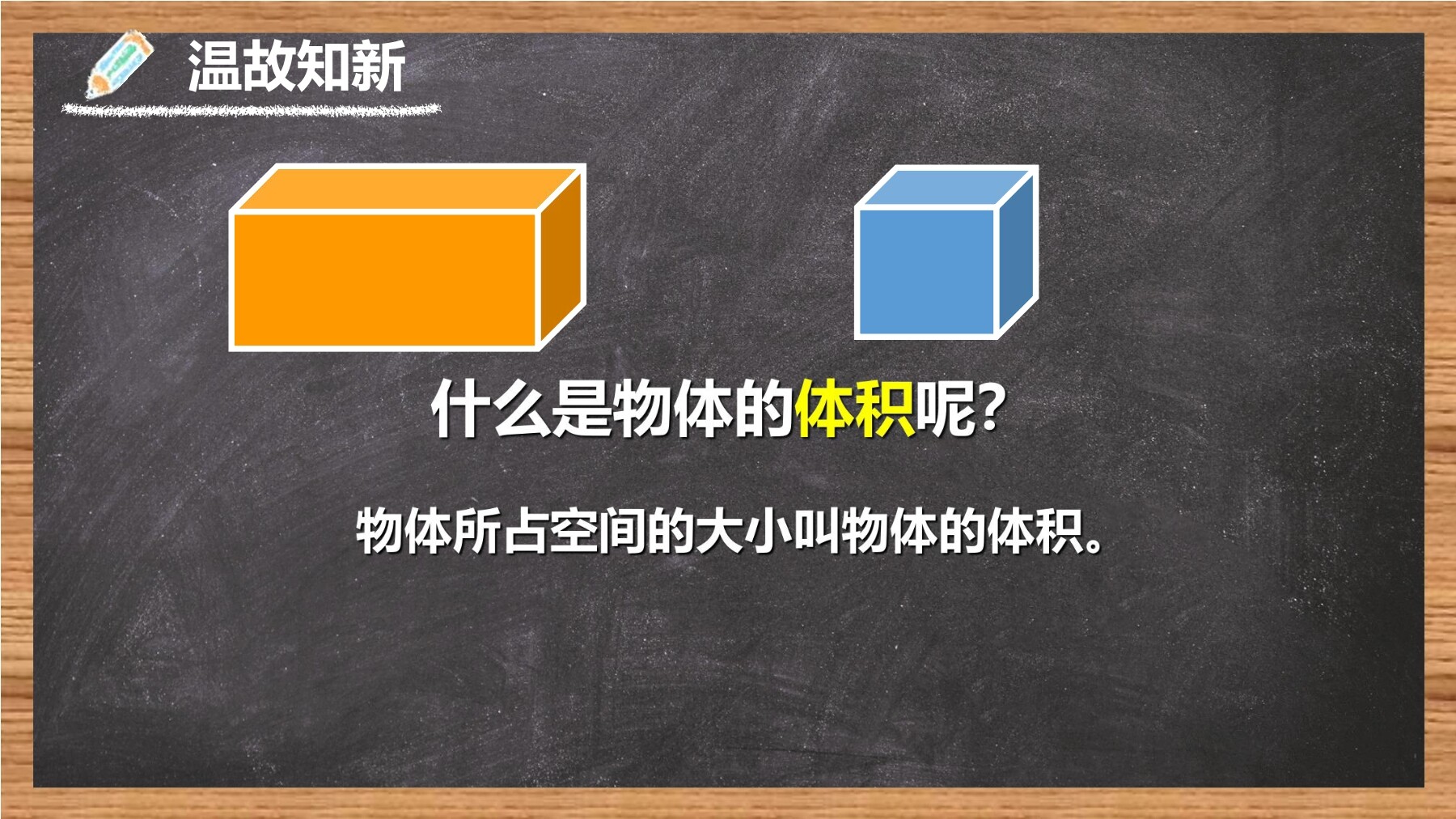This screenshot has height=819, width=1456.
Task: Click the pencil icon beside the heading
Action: pyautogui.click(x=119, y=64)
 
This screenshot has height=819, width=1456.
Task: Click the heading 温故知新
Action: pyautogui.click(x=297, y=66)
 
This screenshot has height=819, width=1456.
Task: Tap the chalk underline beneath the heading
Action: pyautogui.click(x=252, y=109)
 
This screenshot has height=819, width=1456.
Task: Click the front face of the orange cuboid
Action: pyautogui.click(x=385, y=280)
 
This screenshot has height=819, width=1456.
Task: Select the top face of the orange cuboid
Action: pyautogui.click(x=408, y=188)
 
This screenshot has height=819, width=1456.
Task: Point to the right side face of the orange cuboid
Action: pyautogui.click(x=561, y=257)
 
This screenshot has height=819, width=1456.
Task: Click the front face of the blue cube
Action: pyautogui.click(x=926, y=272)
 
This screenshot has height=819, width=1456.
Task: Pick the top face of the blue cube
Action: pyautogui.click(x=946, y=187)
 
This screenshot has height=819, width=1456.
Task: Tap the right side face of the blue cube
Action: pyautogui.click(x=1017, y=252)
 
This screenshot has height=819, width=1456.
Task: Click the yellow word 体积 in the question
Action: pyautogui.click(x=854, y=409)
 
